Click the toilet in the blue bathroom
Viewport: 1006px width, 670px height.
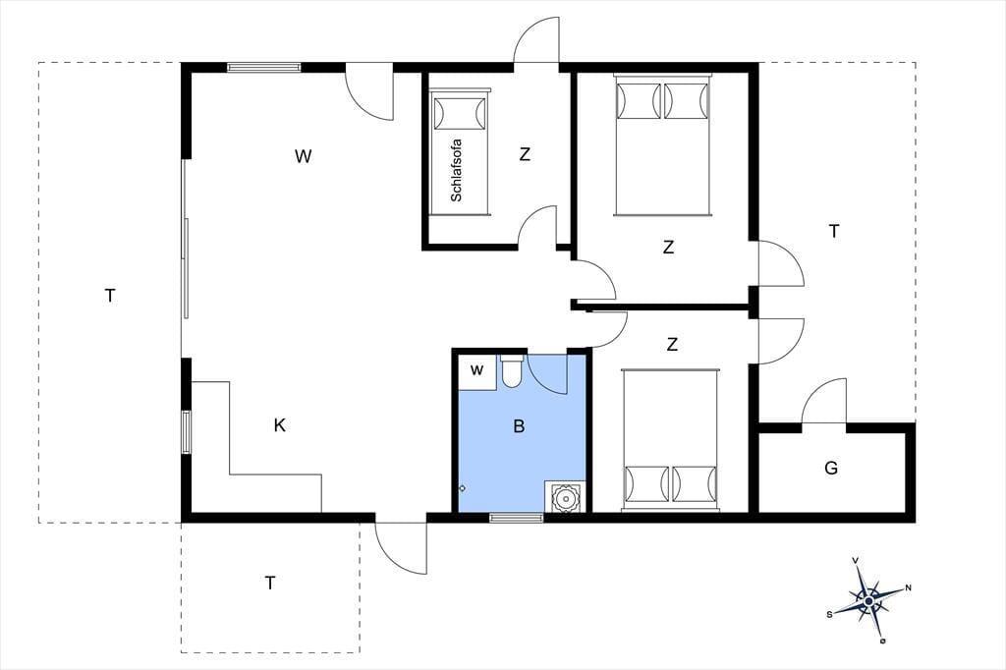click(x=511, y=371)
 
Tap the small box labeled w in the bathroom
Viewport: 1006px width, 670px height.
click(x=477, y=371)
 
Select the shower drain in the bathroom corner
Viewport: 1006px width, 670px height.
click(x=565, y=497)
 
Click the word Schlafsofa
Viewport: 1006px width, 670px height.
click(x=457, y=171)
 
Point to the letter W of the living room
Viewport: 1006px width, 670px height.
click(x=303, y=156)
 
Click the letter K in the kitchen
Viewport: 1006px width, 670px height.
click(x=280, y=424)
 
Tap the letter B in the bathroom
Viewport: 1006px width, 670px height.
click(x=519, y=426)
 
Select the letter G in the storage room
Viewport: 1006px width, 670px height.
click(x=831, y=468)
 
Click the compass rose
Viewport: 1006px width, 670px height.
click(x=868, y=600)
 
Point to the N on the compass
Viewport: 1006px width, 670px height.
click(x=909, y=587)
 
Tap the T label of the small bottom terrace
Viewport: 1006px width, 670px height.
click(x=270, y=583)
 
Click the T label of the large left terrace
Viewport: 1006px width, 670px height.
click(x=110, y=296)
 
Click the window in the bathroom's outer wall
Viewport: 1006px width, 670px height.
click(x=517, y=518)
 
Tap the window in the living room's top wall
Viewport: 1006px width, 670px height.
click(x=263, y=67)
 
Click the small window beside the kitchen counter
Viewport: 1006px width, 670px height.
click(x=186, y=432)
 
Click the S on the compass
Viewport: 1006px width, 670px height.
click(x=829, y=614)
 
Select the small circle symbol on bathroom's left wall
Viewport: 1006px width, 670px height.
click(x=462, y=488)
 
